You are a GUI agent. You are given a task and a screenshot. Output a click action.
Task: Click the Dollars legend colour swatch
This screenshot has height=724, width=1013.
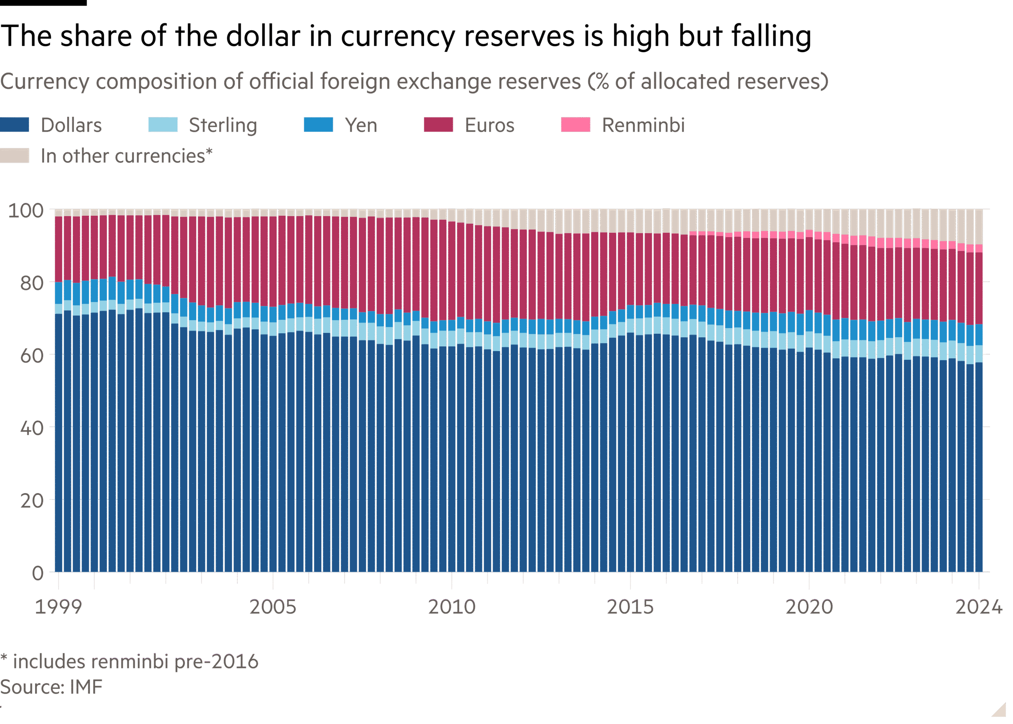[15, 125]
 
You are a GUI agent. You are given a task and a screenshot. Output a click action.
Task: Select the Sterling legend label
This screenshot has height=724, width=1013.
[223, 125]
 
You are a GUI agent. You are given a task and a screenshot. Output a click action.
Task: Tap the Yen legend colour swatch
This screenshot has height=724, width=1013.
[318, 125]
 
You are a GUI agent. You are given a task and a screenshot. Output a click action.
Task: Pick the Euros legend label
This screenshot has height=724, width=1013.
[489, 125]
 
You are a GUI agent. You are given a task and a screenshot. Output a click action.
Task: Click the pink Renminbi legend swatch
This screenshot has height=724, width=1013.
[575, 125]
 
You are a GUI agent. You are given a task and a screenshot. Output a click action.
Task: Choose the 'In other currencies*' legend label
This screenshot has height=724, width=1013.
[127, 156]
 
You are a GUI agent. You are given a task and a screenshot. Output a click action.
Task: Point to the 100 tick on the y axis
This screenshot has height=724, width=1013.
[26, 211]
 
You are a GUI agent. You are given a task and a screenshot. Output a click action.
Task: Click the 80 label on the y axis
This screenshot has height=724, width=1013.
[31, 283]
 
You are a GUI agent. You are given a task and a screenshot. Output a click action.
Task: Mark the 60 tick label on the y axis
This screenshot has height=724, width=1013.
[31, 356]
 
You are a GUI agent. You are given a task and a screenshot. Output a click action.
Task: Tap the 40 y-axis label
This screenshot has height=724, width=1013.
[31, 428]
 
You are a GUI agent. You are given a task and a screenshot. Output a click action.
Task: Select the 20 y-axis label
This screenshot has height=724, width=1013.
[31, 501]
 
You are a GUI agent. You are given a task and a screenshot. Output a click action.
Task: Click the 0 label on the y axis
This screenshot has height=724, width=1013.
[38, 573]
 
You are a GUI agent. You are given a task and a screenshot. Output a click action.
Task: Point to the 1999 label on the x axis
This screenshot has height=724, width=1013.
[59, 607]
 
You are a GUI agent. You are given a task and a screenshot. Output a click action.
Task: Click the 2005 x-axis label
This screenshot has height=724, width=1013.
[273, 607]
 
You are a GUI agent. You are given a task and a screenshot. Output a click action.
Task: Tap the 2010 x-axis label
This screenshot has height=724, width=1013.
[451, 607]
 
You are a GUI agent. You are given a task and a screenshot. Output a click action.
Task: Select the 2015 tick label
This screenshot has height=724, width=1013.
[630, 607]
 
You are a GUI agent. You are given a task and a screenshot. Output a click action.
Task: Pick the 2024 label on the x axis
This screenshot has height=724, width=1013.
[979, 607]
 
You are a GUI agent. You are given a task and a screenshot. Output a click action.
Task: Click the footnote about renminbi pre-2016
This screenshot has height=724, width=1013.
[129, 661]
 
